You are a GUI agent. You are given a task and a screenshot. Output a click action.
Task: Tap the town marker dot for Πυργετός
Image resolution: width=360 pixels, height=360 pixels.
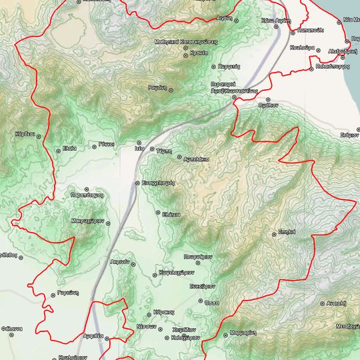coord(213,67)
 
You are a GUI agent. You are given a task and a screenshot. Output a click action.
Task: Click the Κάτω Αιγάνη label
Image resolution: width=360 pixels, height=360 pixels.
coord(273,21)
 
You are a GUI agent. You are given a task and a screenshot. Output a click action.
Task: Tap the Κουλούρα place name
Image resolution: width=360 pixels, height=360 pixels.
coord(303,49)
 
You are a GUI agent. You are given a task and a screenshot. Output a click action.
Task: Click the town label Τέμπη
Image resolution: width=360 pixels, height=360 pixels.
coord(165,151)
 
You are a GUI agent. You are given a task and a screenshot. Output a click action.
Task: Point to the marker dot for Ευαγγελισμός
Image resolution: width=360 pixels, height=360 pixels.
coord(137,182)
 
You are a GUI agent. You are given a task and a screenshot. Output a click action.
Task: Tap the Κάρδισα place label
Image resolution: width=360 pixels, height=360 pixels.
coord(23,134)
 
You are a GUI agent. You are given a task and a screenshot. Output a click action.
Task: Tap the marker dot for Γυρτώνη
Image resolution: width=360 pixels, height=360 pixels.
coord(53,294)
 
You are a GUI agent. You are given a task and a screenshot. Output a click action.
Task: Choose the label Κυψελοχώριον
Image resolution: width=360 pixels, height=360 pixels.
coord(176,272)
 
